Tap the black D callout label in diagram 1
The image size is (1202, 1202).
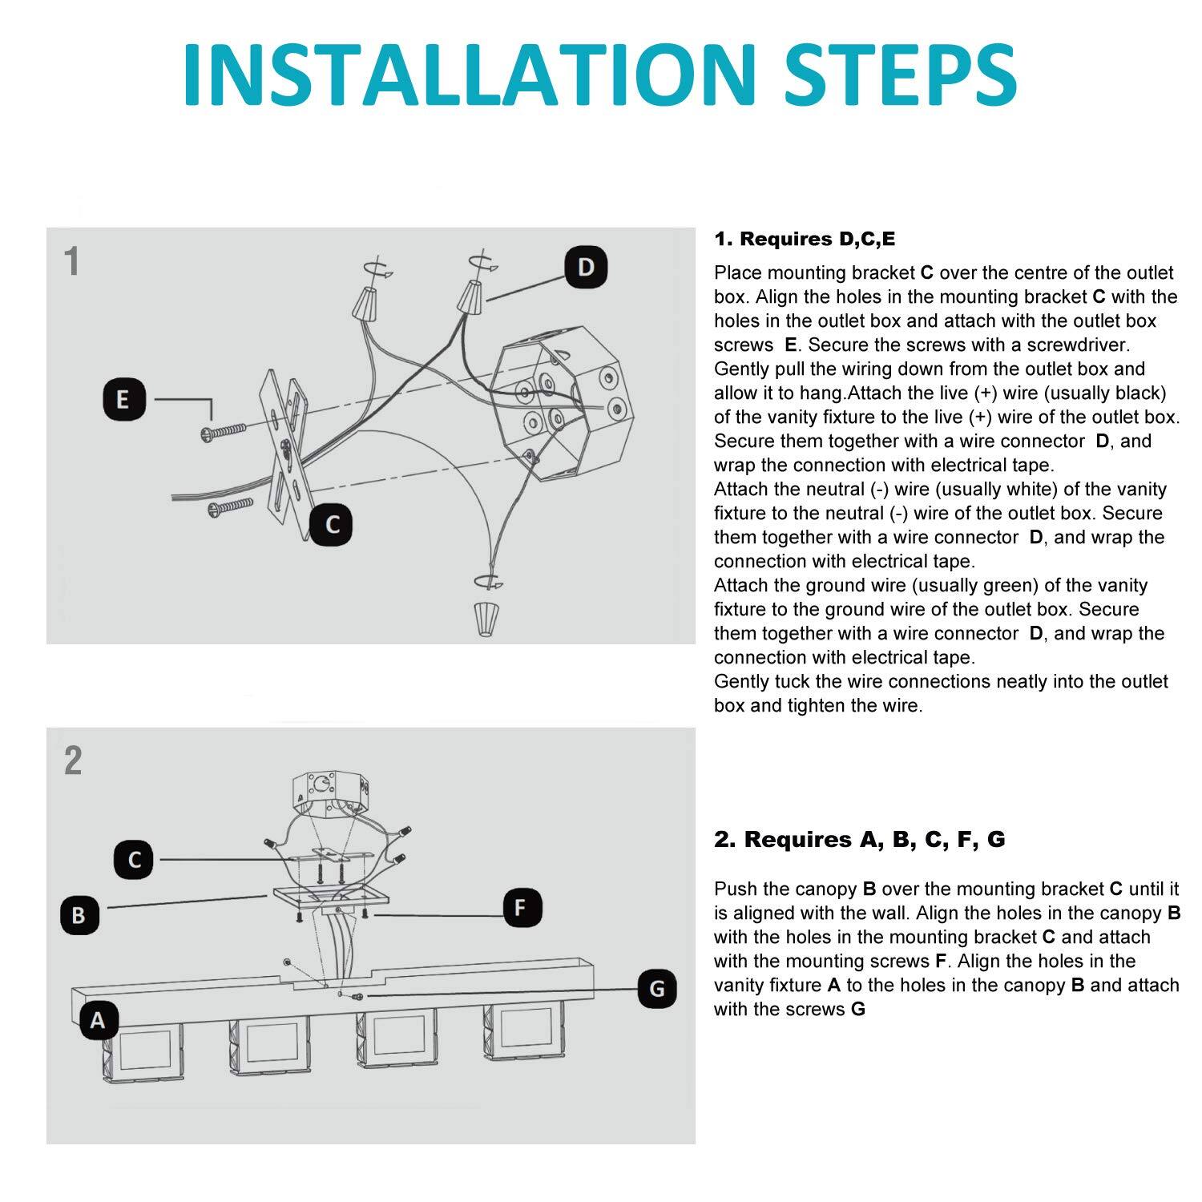[586, 268]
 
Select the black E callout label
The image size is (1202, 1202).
[123, 400]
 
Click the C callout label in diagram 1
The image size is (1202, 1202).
[333, 525]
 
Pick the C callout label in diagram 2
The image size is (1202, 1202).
[134, 860]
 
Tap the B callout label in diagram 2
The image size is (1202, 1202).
[79, 914]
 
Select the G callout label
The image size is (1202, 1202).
[657, 989]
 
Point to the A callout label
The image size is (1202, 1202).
[98, 1021]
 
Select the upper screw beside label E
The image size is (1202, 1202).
[227, 433]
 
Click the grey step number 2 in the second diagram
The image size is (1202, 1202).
[73, 760]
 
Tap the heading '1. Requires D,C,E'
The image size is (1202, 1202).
[805, 239]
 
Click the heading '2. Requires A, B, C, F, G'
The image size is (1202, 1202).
[859, 839]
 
